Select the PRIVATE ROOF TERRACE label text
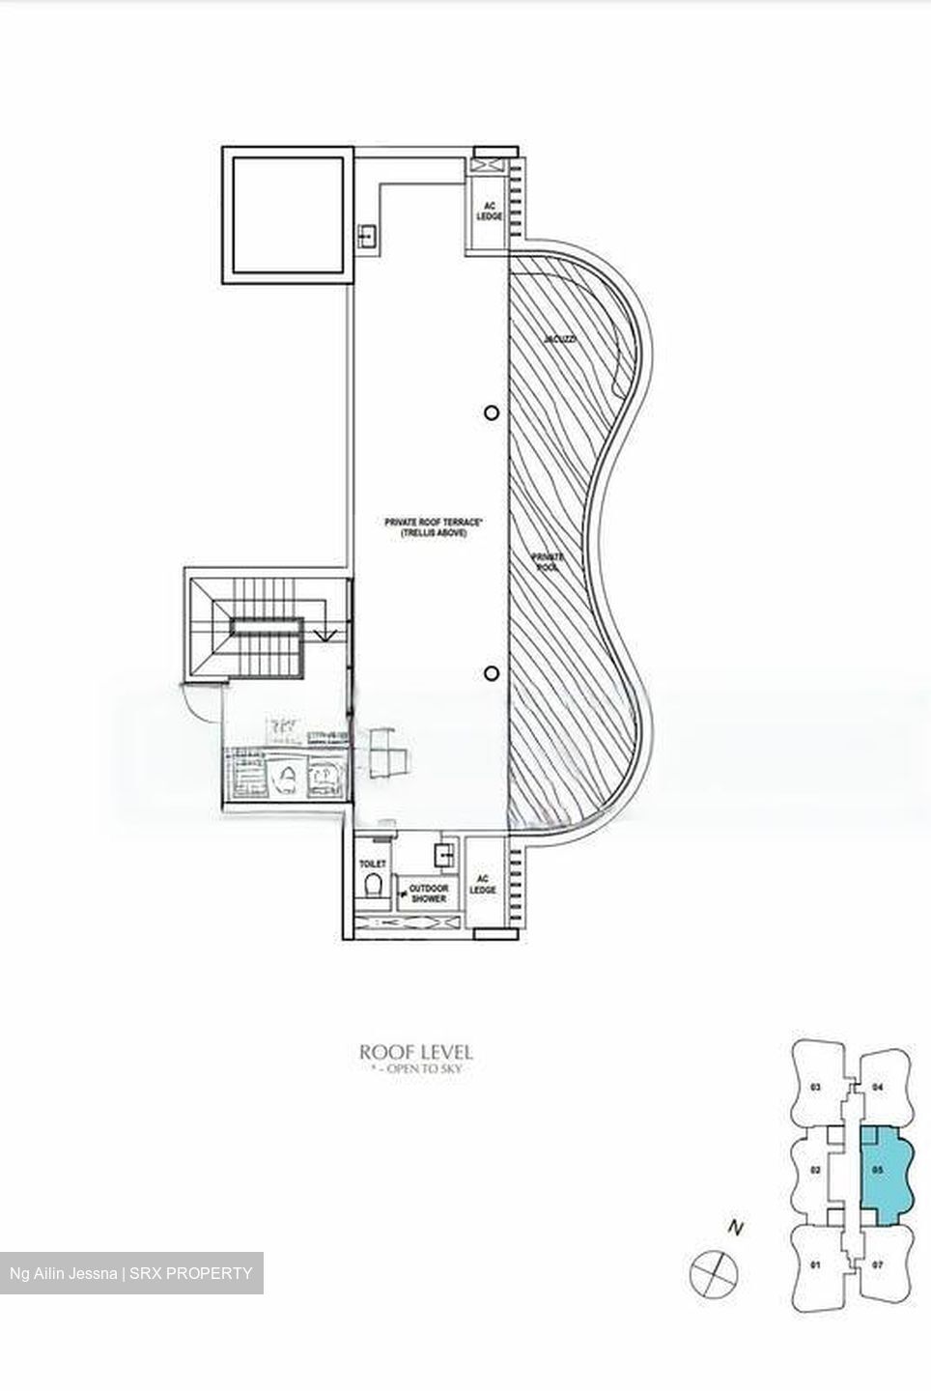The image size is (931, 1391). pos(426,527)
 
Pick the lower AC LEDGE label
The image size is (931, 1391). pos(483,884)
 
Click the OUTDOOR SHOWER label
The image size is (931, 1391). pos(428,893)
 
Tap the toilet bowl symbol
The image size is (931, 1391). pos(373,886)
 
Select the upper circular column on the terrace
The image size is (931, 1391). pos(492,413)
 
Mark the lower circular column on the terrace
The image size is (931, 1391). pos(492,673)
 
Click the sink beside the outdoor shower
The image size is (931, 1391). pos(445,854)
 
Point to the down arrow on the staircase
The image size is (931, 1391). pos(327,635)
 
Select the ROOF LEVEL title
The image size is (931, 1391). pos(415,1052)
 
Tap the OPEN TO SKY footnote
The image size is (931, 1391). pos(416,1070)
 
